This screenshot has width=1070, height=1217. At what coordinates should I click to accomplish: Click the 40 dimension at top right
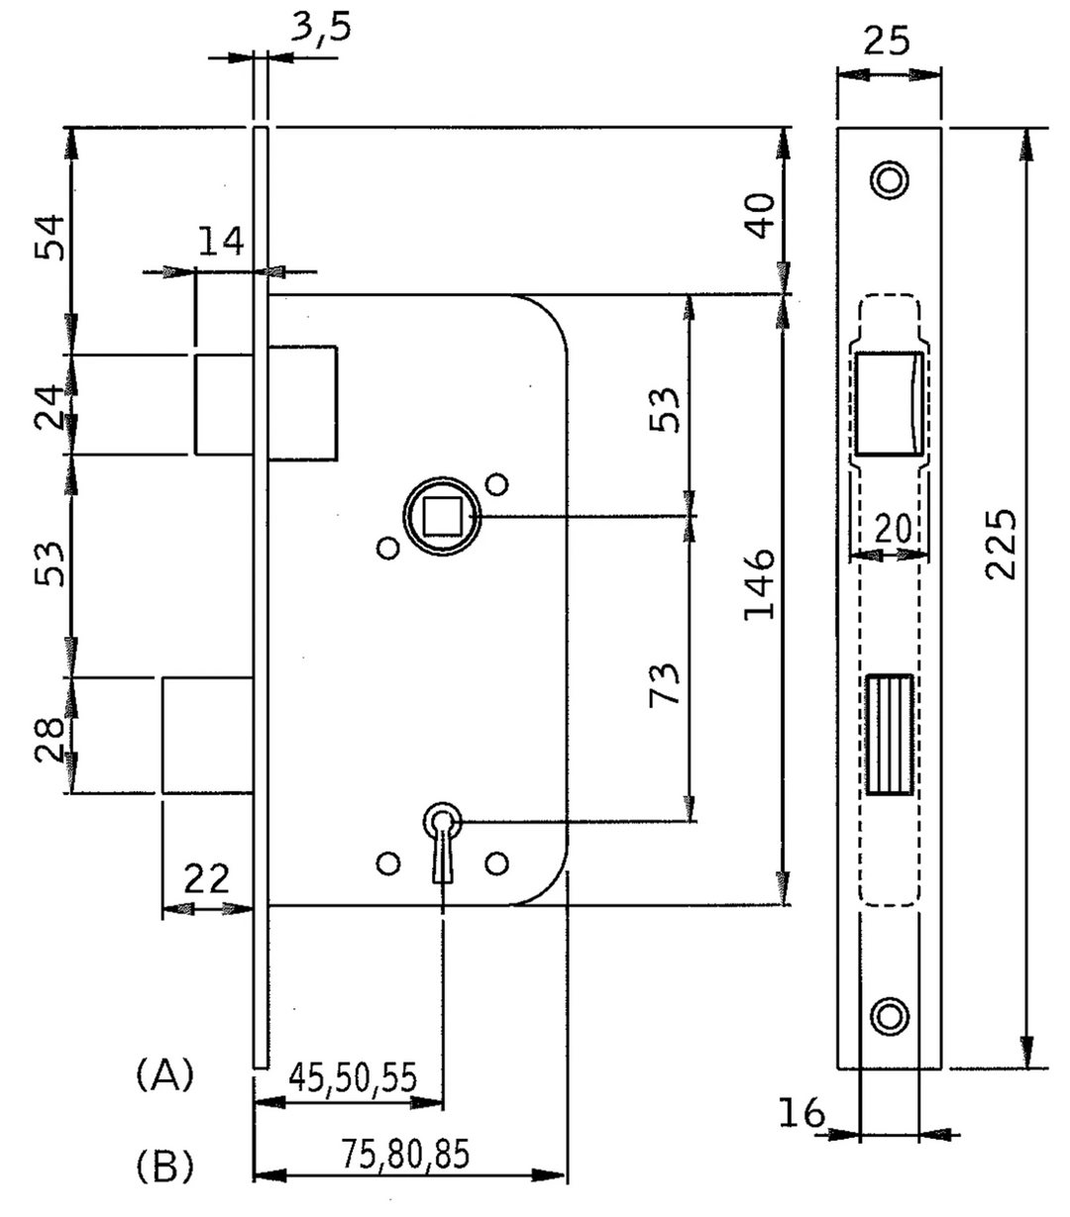[761, 215]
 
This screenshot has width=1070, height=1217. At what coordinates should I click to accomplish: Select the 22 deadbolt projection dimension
[205, 877]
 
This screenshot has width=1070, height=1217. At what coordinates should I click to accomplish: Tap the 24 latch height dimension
[50, 406]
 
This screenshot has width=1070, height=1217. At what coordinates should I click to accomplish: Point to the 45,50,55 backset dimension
[352, 1075]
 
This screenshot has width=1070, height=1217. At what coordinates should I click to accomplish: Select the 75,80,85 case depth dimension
[405, 1154]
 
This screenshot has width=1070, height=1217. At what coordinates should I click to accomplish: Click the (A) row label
[164, 1073]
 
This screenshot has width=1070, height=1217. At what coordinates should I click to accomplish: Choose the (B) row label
[164, 1166]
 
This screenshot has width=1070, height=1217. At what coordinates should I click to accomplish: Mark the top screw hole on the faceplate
[889, 178]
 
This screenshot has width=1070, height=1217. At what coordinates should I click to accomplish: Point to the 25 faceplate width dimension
[888, 41]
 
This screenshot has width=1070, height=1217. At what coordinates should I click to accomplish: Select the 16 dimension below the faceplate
[802, 1113]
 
